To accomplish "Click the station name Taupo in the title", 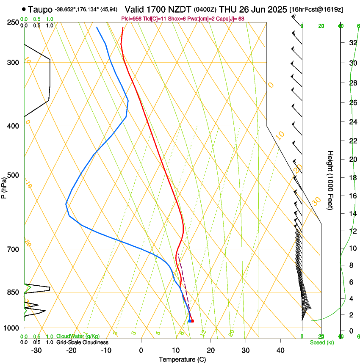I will [x=41, y=9].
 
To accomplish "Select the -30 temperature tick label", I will [x=36, y=350].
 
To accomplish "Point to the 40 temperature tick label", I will [x=280, y=350].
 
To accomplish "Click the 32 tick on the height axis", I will [x=352, y=43].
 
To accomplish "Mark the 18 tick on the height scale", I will [x=352, y=178].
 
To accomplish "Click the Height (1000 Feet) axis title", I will [x=330, y=180].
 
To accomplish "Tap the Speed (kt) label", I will [x=321, y=342].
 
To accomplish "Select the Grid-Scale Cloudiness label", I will [x=82, y=342].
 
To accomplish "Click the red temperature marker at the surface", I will [x=192, y=321].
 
